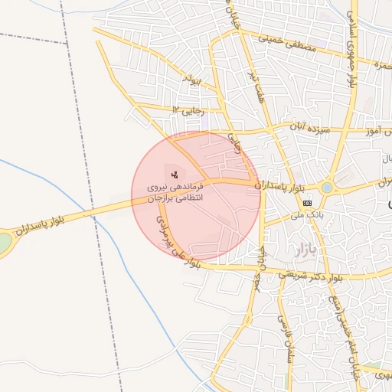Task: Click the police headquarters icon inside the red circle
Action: point(175,174)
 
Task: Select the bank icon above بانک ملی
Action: point(307,202)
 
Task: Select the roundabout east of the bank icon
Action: point(328,187)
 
